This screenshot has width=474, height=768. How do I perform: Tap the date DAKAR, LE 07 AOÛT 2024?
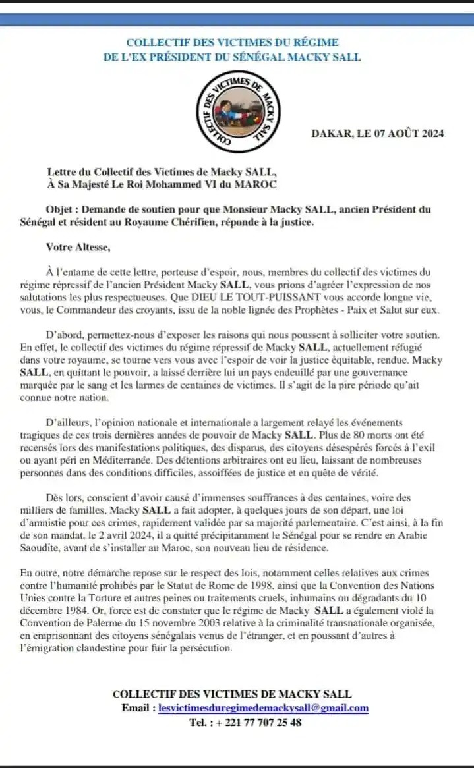377,133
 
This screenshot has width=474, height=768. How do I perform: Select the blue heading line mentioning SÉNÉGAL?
232,57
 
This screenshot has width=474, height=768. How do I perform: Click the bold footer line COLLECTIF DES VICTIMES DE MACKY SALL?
232,694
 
